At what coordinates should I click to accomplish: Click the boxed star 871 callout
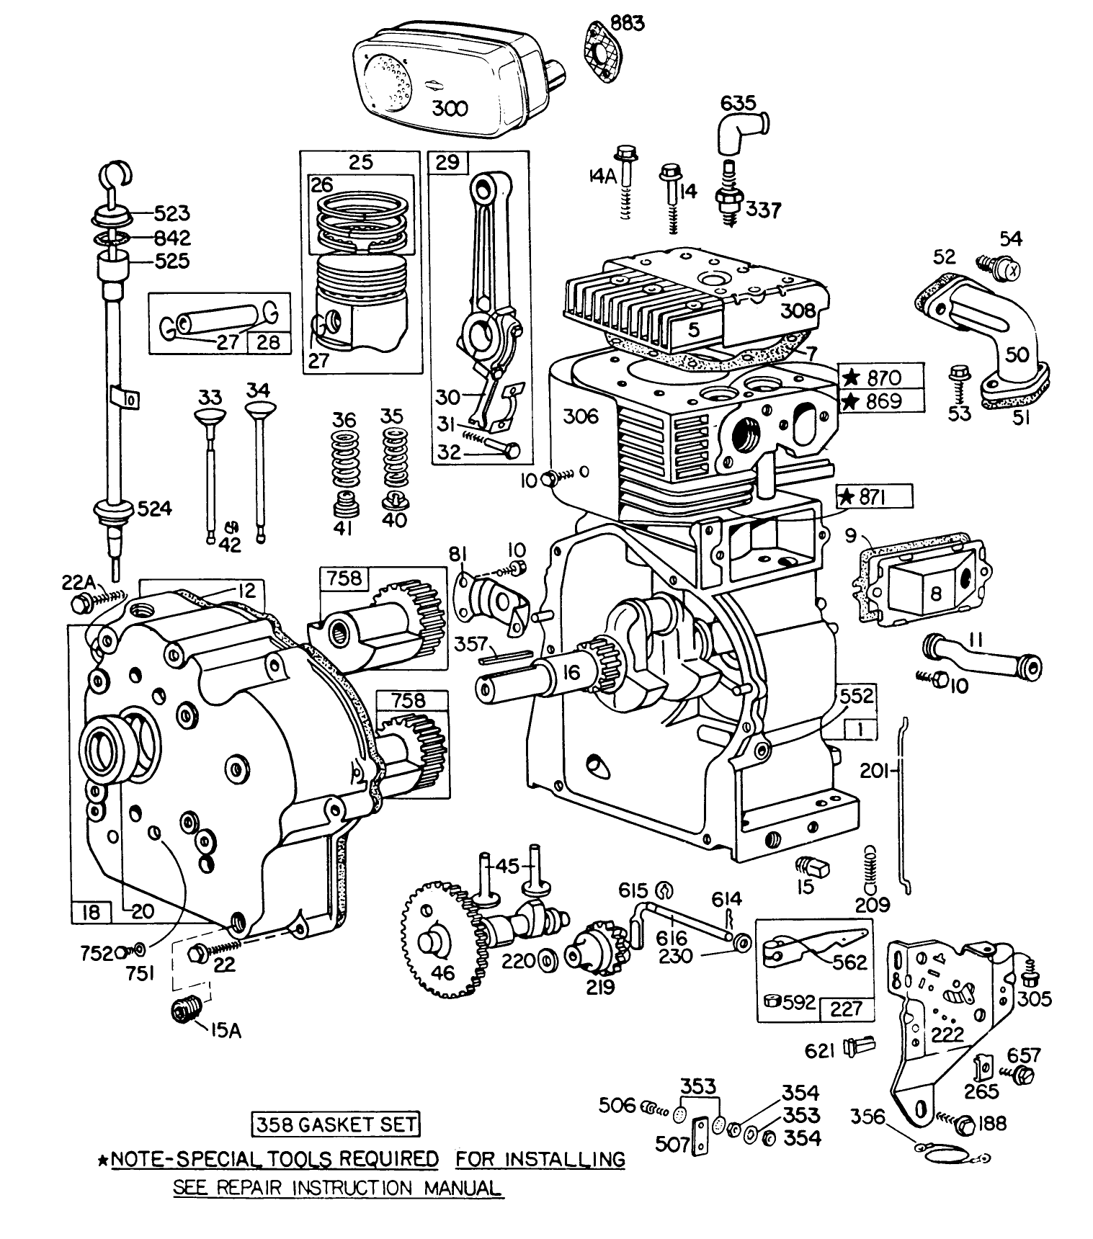pos(874,496)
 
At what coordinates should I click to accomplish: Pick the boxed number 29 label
pos(447,162)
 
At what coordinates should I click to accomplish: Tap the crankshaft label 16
pos(571,673)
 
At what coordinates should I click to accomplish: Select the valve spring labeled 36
pos(344,461)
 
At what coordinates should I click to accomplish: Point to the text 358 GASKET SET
pos(335,1124)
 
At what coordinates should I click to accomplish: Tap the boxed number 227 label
pos(846,1008)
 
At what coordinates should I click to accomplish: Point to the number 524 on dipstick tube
pos(156,509)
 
